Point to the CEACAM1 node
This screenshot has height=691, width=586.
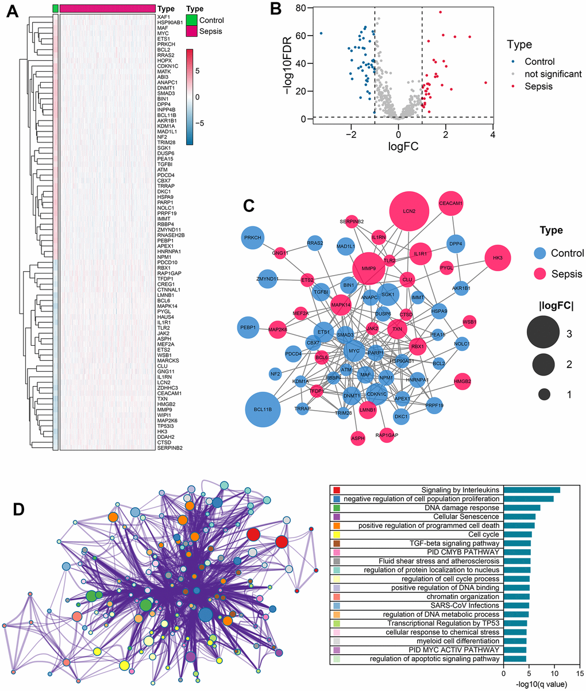(x=450, y=203)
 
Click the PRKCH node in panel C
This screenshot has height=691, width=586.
(x=252, y=237)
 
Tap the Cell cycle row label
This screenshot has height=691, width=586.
(x=487, y=534)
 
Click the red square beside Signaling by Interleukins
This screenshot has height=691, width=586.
(x=337, y=490)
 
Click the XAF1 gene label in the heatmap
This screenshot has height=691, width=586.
(x=163, y=18)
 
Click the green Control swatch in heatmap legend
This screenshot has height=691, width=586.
(x=194, y=21)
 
